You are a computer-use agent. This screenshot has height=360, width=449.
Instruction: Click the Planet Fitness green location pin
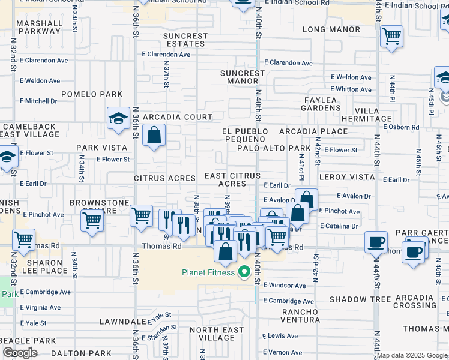pos(244,272)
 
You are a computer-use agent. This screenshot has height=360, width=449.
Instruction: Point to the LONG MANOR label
pos(331,29)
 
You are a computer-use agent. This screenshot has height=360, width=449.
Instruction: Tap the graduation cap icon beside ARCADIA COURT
pos(118,118)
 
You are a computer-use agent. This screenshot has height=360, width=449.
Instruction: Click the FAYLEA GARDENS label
pos(320,103)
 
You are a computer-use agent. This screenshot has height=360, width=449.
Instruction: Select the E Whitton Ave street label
pos(351,89)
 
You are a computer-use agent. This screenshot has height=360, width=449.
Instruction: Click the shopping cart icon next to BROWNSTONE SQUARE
pos(92,220)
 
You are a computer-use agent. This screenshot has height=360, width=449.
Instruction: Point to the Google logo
pos(20,353)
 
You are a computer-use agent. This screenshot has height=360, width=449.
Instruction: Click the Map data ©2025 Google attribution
pos(412,355)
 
